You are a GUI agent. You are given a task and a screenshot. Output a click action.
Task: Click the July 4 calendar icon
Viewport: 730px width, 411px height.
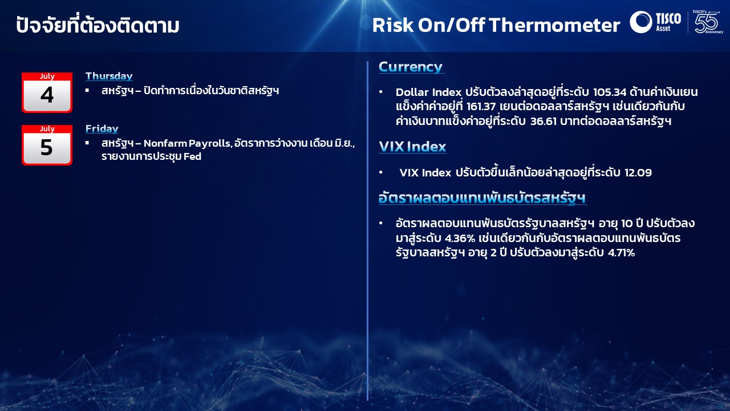point(47,92)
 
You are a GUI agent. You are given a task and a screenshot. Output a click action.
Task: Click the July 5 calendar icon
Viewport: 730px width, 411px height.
point(47,145)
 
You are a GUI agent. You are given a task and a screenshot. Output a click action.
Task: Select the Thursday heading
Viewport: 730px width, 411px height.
point(109,76)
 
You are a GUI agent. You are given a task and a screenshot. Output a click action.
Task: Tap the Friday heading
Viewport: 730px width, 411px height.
point(102,128)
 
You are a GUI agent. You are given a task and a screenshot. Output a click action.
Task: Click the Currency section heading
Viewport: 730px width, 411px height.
point(411,67)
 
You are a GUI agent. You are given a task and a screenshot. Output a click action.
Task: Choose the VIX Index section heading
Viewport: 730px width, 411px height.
point(412,147)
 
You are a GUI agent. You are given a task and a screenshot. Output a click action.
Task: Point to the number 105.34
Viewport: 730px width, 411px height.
point(610,92)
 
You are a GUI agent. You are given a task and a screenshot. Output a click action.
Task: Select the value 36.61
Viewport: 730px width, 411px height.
point(544,122)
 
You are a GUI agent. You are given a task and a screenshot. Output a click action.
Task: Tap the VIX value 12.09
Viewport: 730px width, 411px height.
point(638,172)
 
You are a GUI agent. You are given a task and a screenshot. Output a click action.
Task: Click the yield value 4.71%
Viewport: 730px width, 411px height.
point(622,253)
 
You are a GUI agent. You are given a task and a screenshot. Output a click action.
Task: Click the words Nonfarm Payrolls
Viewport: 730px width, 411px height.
point(188,143)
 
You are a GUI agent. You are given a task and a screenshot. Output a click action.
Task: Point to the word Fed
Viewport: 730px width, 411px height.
point(192,156)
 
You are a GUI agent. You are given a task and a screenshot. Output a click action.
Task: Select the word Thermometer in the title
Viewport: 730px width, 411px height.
point(554,25)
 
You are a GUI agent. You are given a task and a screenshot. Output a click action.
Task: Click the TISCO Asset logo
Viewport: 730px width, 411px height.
point(655,22)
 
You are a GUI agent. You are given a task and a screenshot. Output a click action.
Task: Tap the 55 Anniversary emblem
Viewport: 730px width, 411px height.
point(707,22)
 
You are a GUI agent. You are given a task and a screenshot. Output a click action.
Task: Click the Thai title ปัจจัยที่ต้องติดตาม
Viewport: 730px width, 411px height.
point(98,25)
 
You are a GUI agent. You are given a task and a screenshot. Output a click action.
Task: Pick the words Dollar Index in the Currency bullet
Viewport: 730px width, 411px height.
point(428,92)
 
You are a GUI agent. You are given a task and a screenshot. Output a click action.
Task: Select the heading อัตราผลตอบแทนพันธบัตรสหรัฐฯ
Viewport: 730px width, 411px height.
point(482,198)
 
